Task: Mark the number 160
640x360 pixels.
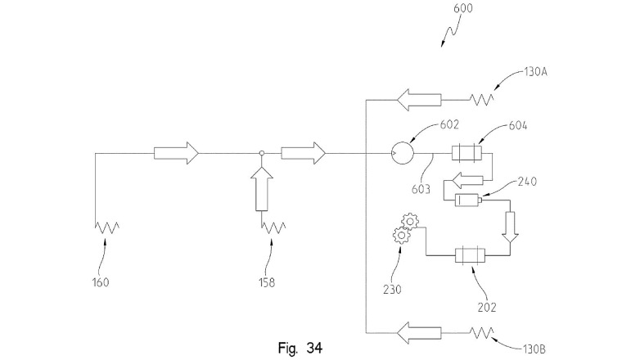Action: [x=101, y=284]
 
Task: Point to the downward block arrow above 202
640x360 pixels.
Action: [x=511, y=227]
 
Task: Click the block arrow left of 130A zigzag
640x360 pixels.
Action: [x=419, y=100]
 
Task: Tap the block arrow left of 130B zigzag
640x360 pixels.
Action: [x=419, y=332]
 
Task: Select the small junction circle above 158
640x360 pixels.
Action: [x=262, y=152]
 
